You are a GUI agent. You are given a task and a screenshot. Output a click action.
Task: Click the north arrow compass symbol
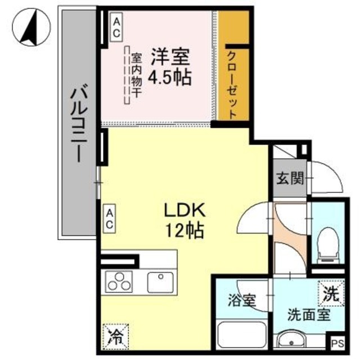(x=31, y=27)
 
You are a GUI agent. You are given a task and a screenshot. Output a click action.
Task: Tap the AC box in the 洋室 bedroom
(x=116, y=27)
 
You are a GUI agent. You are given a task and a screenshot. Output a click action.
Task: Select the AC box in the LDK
(x=109, y=219)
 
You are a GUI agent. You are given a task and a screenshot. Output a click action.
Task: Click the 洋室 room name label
(x=170, y=57)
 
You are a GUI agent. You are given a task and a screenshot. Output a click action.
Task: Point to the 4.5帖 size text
(x=170, y=76)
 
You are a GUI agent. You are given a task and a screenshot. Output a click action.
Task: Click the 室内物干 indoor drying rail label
(x=136, y=76)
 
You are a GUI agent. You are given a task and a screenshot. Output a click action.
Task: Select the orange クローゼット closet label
(x=232, y=85)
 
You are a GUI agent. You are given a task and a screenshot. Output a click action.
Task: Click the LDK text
(x=184, y=210)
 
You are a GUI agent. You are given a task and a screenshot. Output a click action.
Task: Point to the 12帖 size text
(x=185, y=230)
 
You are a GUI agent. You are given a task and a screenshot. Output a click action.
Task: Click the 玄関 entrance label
(x=290, y=178)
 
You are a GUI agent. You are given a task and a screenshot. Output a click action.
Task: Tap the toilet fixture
(x=328, y=245)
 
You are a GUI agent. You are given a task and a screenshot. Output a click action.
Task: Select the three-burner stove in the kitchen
(x=119, y=282)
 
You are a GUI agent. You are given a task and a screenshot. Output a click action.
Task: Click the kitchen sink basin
(x=160, y=282)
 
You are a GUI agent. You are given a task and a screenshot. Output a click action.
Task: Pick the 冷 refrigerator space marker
(x=115, y=337)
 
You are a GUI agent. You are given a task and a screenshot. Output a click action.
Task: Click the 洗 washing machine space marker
(x=331, y=294)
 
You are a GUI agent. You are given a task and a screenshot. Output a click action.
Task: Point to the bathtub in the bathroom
(x=242, y=335)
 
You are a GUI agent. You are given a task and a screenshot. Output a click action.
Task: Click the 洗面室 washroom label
(x=309, y=314)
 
